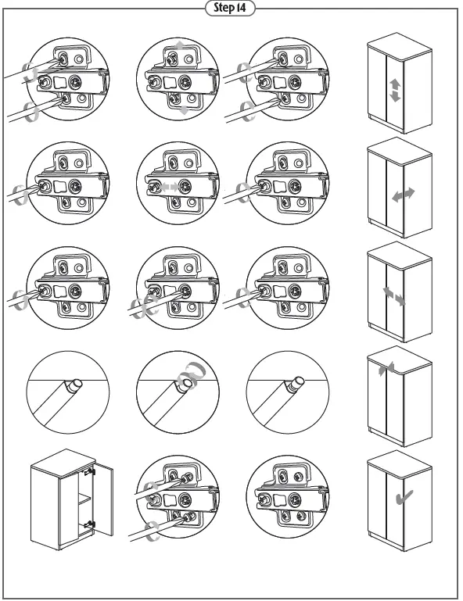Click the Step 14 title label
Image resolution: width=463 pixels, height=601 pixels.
point(231,8)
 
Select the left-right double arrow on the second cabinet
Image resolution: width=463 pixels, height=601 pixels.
point(404,195)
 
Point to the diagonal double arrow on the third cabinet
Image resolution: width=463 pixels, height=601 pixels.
point(394,297)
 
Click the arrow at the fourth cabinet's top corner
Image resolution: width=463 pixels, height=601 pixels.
point(381,370)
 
